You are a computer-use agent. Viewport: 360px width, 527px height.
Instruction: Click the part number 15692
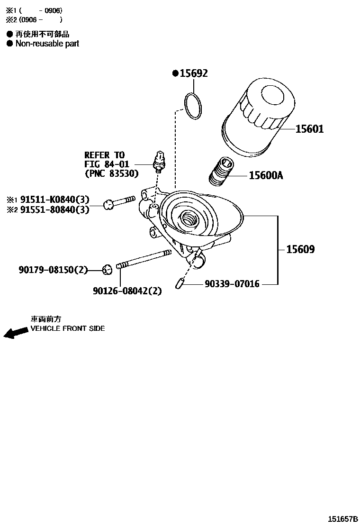coord(193,73)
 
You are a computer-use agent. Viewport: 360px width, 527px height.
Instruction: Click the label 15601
coord(309,128)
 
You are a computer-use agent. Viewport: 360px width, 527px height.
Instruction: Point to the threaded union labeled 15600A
coord(221,173)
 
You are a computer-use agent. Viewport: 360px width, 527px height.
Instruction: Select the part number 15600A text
coord(266,176)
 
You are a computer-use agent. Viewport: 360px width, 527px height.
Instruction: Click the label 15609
coord(300,249)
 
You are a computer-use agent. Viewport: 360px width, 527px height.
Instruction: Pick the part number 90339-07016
coord(232,284)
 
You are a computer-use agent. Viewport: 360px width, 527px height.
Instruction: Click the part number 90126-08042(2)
coord(127,291)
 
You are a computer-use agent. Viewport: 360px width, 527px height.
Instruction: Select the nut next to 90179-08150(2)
coord(107,270)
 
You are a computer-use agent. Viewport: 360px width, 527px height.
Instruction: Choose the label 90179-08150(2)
coord(54,270)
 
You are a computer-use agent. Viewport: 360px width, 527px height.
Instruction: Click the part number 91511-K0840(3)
coord(54,200)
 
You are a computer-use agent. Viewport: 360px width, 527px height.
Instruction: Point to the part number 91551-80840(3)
coord(54,209)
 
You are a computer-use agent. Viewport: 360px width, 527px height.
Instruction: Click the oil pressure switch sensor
coord(159,160)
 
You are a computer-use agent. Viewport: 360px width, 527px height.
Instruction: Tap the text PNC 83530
coord(112,173)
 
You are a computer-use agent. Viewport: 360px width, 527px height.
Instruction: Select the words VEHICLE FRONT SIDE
coord(68,328)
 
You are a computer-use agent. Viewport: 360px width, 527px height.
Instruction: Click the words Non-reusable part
coord(47,44)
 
